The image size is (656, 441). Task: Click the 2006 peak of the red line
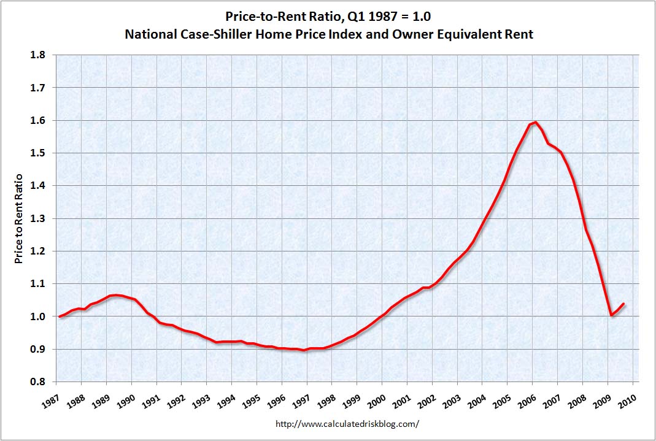(536, 122)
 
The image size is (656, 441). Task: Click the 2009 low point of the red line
(611, 315)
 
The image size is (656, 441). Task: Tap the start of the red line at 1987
(60, 316)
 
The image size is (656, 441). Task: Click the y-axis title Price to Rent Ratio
(19, 219)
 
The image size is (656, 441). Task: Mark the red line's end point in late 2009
(623, 304)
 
